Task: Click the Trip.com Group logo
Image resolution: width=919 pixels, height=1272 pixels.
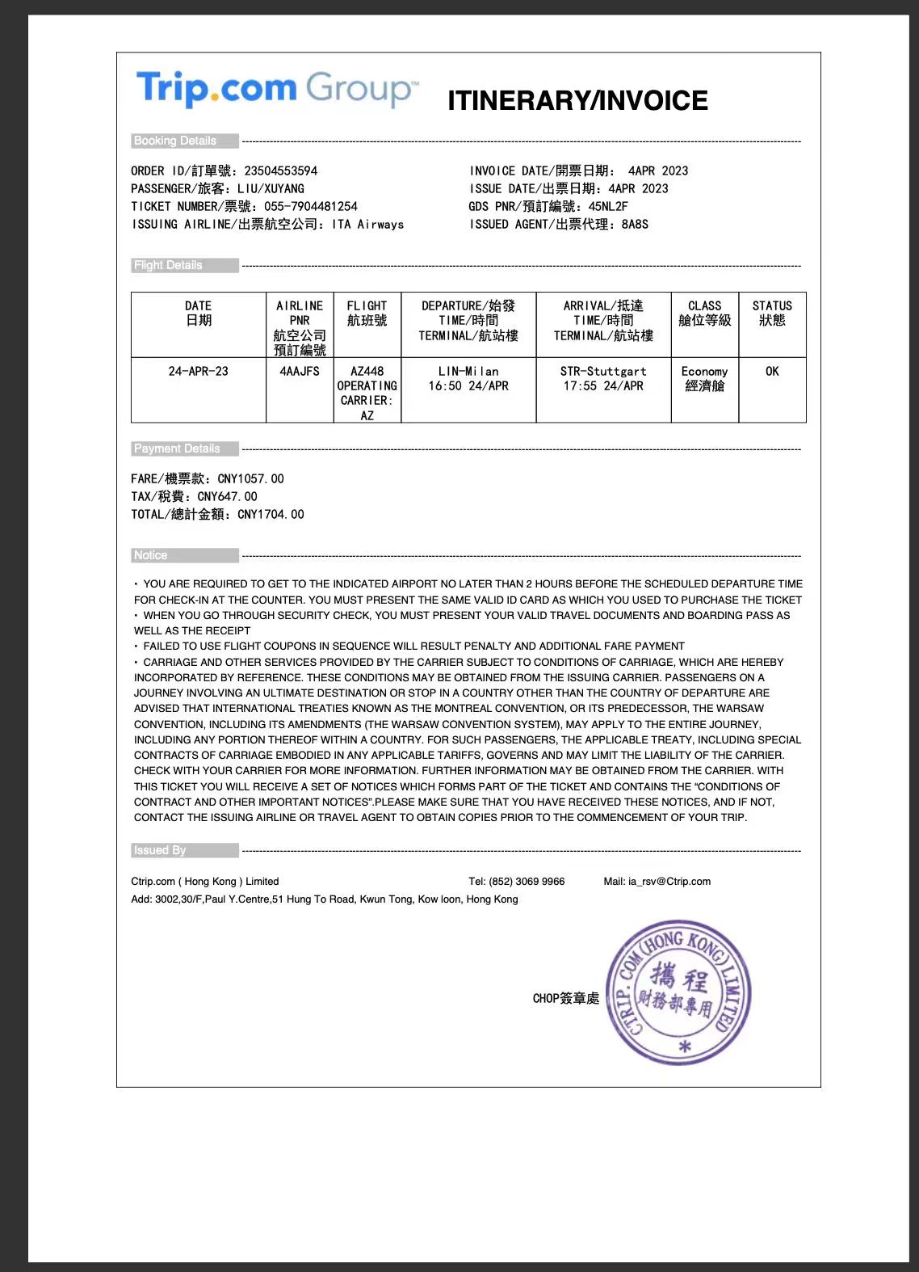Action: coord(277,88)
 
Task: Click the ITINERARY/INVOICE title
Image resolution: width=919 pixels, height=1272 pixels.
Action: coord(577,100)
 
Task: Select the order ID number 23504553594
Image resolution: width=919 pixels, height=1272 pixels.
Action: coord(281,171)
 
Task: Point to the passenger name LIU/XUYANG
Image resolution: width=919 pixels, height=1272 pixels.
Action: coord(271,188)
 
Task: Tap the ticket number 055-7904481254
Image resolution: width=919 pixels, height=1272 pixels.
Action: coord(311,206)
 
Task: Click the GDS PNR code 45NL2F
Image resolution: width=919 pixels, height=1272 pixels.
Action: coord(608,206)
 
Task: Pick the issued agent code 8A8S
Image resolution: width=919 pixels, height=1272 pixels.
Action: coord(635,224)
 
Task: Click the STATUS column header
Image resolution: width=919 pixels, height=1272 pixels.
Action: coord(772,313)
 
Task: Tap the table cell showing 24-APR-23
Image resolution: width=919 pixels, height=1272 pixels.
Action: coord(198,372)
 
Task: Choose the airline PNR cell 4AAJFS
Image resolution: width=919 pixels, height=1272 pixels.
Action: coord(300,372)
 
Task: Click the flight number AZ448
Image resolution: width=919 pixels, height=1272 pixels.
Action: coord(367,372)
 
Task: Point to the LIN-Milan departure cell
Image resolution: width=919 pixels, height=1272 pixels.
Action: coord(468,379)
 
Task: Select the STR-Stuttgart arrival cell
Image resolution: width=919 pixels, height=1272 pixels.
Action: coord(603,379)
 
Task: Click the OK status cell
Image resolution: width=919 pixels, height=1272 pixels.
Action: coord(772,372)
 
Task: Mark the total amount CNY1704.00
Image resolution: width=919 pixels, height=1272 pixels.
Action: coord(271,514)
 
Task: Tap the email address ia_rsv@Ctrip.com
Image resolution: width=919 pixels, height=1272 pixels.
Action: coord(669,881)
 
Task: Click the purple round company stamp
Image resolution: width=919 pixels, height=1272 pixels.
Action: coord(678,992)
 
